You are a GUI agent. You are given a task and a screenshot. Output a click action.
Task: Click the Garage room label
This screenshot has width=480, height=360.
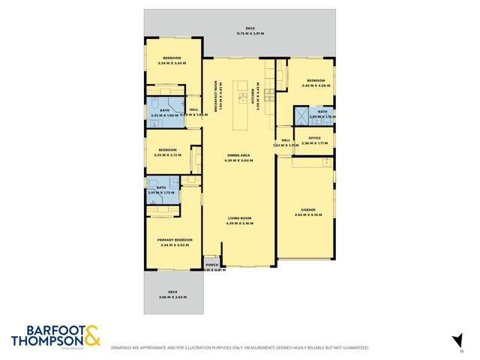(x=307, y=211)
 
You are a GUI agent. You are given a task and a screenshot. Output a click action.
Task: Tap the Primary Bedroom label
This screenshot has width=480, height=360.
(x=174, y=239)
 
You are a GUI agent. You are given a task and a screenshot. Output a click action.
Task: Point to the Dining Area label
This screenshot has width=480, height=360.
(x=239, y=156)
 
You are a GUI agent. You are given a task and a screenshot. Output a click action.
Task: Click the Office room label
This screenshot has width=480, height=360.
(x=315, y=138)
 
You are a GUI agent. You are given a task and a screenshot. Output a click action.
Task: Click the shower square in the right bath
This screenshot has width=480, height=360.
(x=301, y=115)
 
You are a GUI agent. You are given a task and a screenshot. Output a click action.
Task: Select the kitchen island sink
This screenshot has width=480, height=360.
(x=244, y=97)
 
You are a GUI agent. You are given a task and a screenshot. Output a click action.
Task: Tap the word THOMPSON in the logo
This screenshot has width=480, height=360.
(x=45, y=341)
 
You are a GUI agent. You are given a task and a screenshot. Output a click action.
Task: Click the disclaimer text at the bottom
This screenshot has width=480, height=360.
(x=240, y=348)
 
